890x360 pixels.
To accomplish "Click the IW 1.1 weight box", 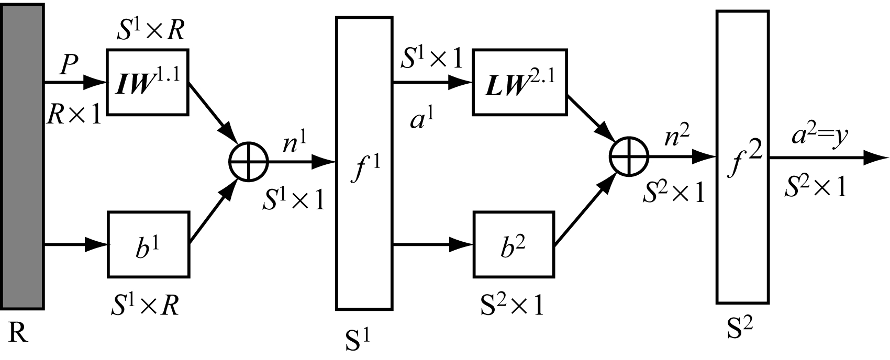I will point(148,82).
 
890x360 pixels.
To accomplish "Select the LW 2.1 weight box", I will point(519,82).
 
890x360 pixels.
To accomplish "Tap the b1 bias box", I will point(148,244).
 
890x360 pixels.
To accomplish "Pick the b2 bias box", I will point(513,244).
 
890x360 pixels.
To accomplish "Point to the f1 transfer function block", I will point(364,163).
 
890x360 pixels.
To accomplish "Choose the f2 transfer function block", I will point(742,157).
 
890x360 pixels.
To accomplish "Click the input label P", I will point(69,65).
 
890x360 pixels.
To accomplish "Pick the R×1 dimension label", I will point(74,114).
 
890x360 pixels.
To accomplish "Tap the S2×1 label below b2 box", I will point(511,304).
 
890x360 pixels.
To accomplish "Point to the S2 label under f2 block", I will point(741,330).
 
